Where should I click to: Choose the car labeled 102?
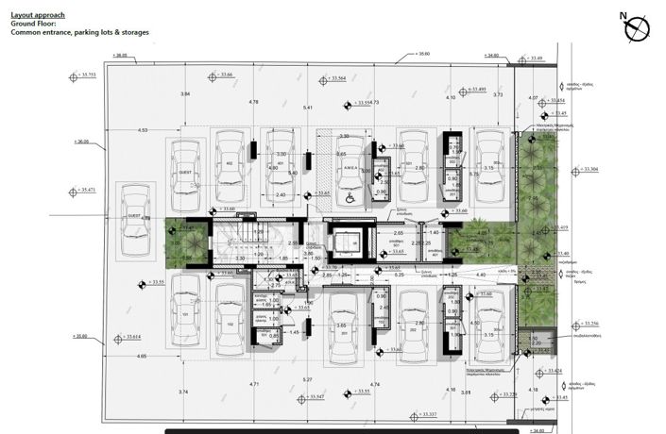pos(230,321)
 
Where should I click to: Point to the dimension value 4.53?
pos(142,130)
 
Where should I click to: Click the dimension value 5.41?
pos(307,108)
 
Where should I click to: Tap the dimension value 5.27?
pos(306,379)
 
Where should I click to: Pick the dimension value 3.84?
pos(185,94)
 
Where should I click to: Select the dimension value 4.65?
pos(141,356)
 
